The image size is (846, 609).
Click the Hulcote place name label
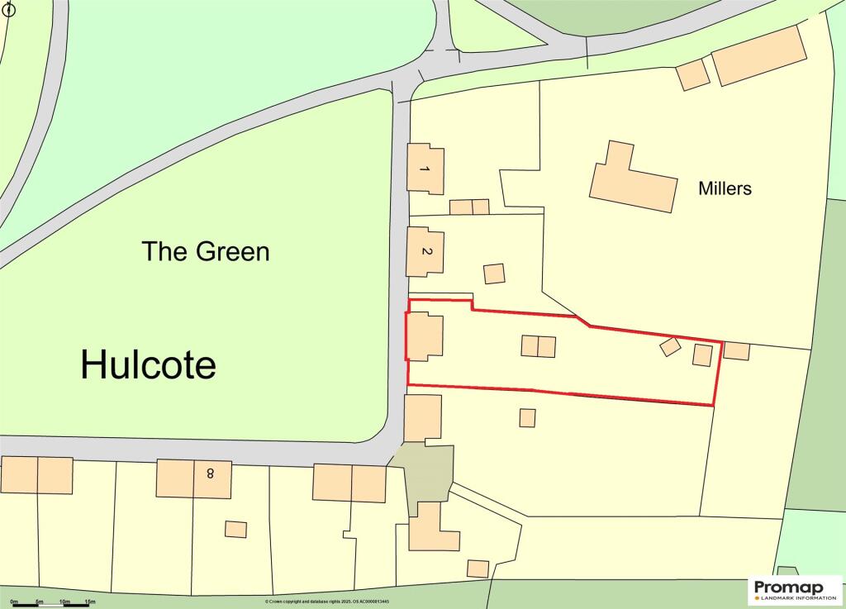point(149,364)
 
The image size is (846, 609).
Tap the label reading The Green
point(206,250)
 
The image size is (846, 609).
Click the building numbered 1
point(425,169)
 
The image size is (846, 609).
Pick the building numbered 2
point(425,251)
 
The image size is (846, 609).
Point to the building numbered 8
point(194,479)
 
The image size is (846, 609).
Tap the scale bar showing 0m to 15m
point(50,603)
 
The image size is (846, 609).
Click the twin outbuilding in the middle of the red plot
point(538,346)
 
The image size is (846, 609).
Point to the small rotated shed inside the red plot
point(670,347)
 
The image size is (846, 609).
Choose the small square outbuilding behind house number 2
point(494,274)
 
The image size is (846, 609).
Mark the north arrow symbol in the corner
point(9,10)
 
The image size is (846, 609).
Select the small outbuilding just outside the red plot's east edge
point(736,351)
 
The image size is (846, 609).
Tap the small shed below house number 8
point(236,529)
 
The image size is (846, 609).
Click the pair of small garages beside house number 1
point(469,207)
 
